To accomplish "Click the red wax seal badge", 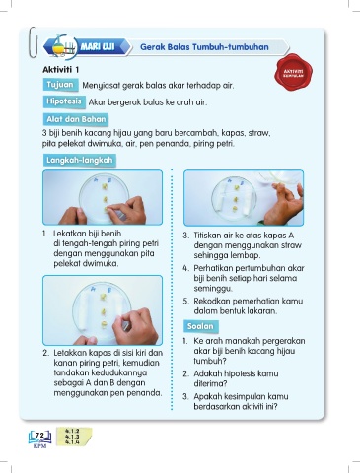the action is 293,73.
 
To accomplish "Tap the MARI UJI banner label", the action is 98,46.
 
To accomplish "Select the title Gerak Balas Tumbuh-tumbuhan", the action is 204,47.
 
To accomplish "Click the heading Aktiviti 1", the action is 61,70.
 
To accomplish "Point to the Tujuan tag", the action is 60,85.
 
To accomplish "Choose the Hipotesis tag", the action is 64,101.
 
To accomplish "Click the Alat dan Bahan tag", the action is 76,119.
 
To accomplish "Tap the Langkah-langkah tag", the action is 79,160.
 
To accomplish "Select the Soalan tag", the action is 200,326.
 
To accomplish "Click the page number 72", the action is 39,435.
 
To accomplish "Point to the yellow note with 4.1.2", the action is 74,437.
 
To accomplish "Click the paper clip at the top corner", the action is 33,42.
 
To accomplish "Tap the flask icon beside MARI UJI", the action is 60,46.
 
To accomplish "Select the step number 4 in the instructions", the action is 185,268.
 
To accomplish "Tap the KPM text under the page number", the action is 39,446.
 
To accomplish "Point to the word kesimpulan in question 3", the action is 240,396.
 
